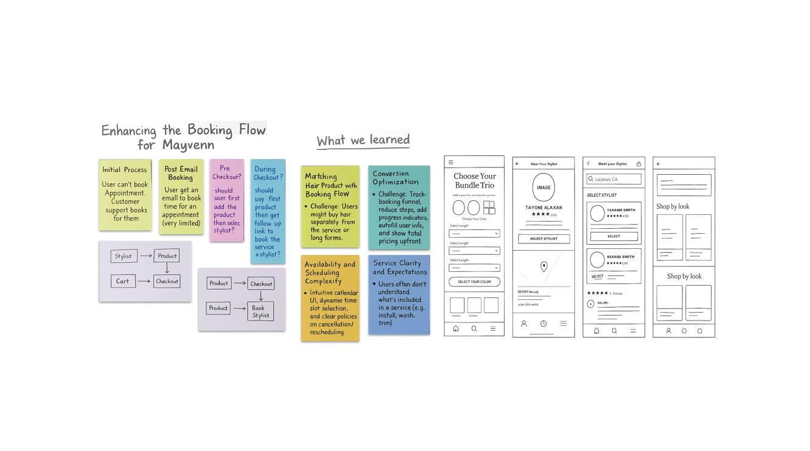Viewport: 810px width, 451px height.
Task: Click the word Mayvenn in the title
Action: (188, 146)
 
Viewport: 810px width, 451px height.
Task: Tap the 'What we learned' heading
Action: (363, 140)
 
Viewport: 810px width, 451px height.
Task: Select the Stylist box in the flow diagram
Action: (123, 256)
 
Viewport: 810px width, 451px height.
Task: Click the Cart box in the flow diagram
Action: (123, 281)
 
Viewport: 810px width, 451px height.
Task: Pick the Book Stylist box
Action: (260, 311)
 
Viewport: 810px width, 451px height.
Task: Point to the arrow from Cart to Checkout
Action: (144, 281)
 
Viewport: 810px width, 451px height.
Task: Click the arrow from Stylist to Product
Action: (146, 256)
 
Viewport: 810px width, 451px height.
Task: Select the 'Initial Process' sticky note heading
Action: (124, 170)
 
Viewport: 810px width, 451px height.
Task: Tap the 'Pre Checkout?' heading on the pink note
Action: (226, 172)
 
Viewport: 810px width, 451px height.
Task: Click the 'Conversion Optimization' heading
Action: (395, 177)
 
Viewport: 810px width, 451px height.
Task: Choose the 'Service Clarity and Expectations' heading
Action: (400, 268)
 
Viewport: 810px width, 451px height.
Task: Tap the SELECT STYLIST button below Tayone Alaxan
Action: (543, 239)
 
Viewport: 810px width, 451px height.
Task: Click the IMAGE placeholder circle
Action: (543, 188)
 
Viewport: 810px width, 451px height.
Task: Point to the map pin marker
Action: (544, 266)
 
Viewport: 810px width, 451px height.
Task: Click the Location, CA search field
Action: (613, 179)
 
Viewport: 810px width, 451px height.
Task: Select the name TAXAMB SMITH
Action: (621, 210)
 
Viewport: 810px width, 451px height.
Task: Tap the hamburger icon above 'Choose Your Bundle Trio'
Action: (451, 163)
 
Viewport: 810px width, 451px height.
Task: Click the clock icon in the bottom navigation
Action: (543, 324)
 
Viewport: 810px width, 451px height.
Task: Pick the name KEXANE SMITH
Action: (621, 257)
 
